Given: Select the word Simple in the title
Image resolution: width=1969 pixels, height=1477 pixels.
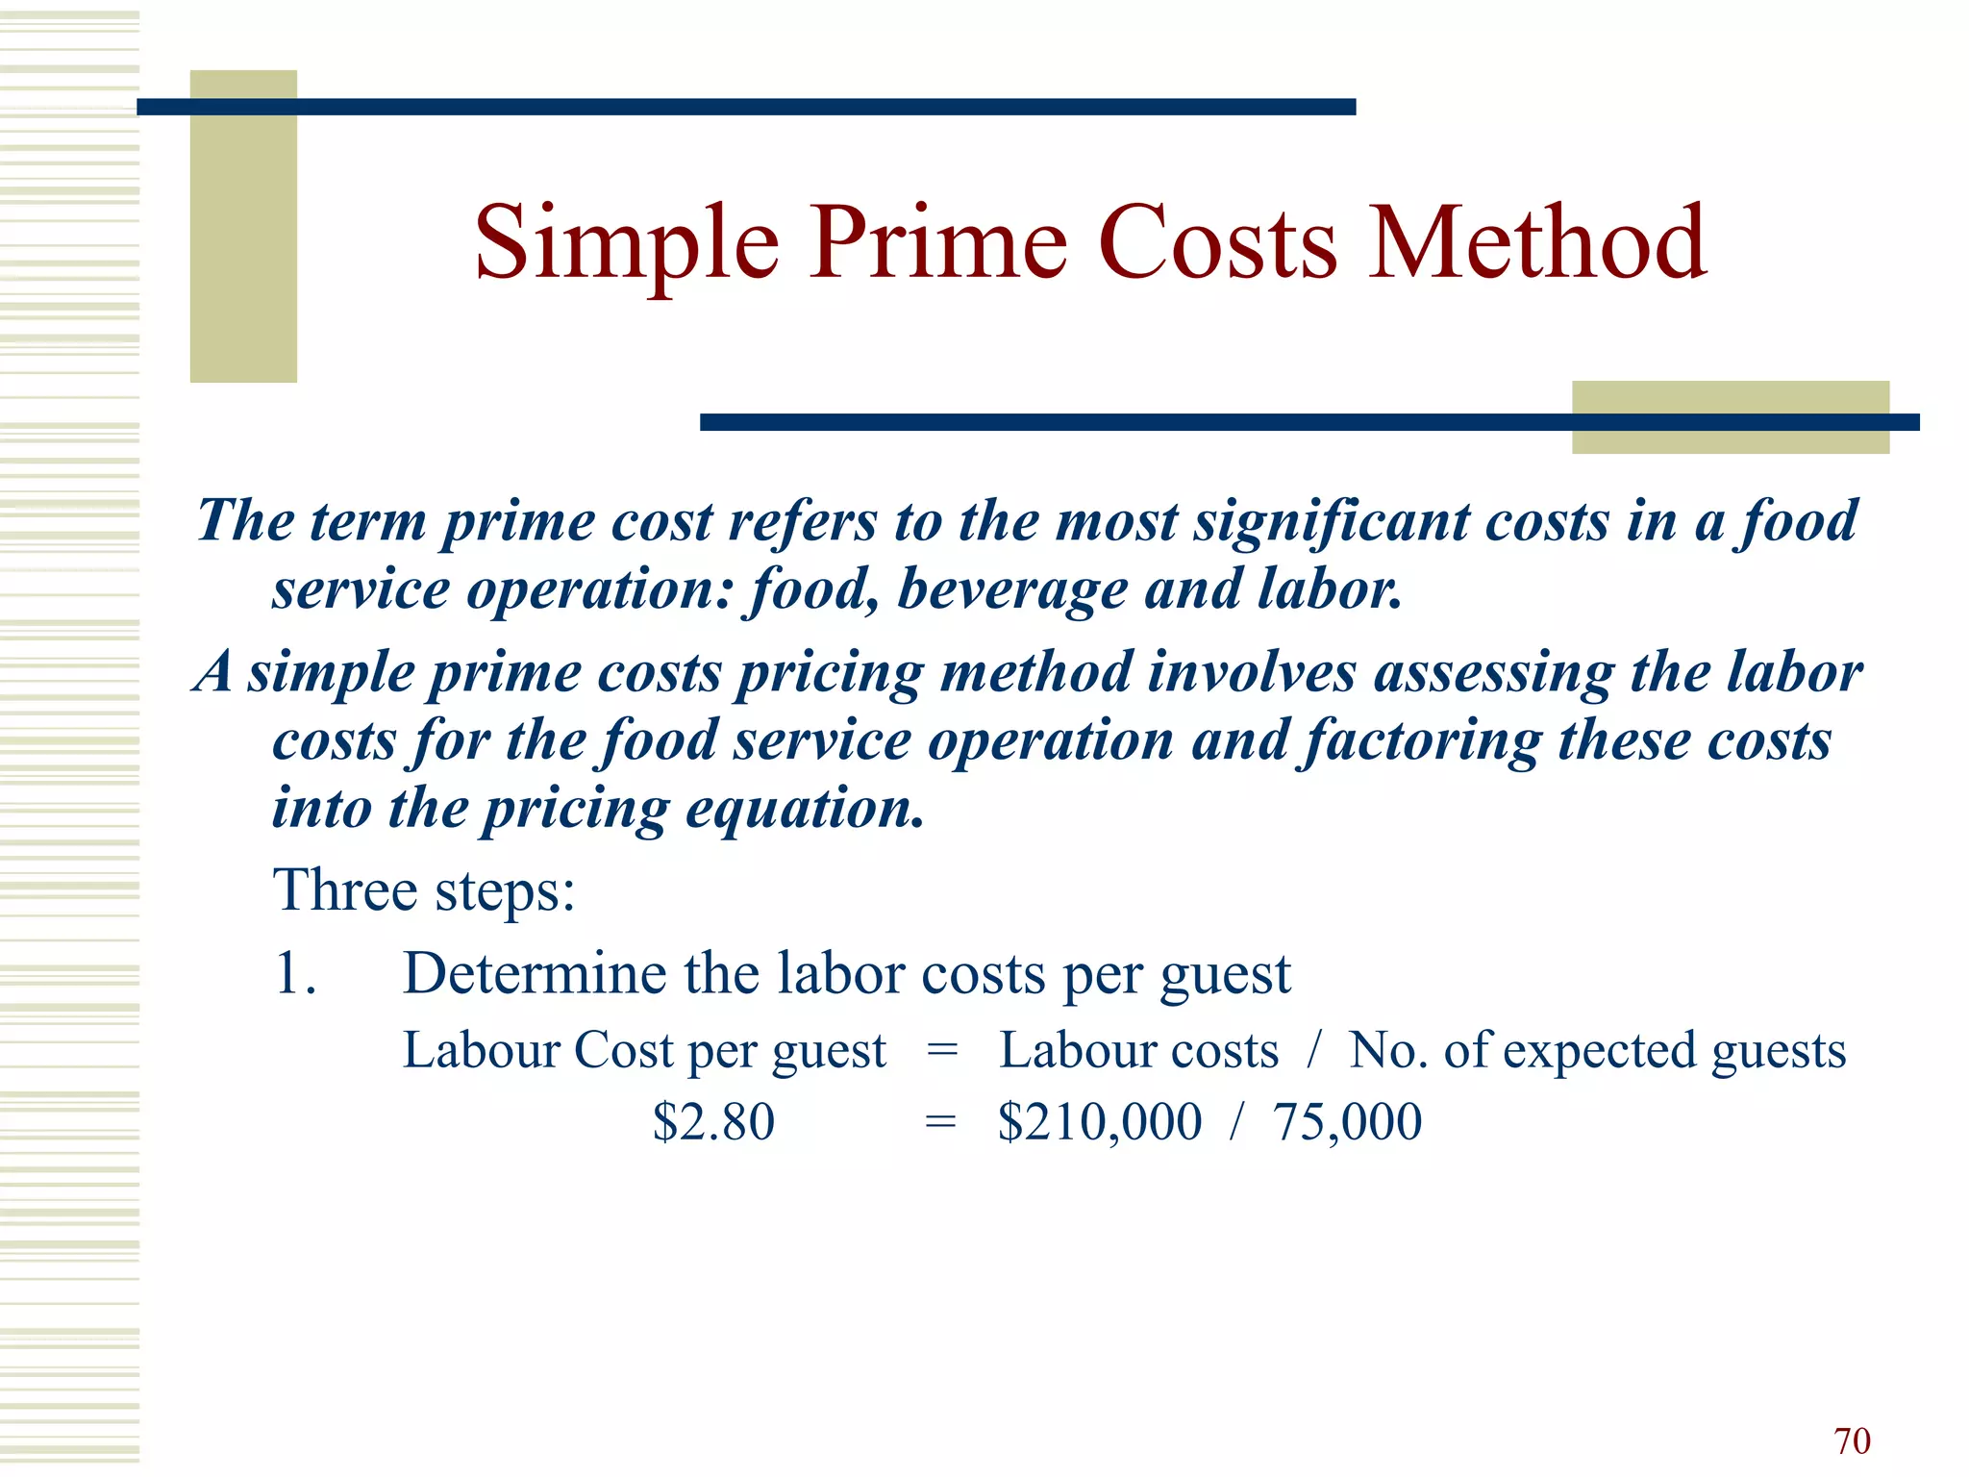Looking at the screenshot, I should (x=626, y=245).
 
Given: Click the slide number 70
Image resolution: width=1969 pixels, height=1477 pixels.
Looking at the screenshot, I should (x=1852, y=1440).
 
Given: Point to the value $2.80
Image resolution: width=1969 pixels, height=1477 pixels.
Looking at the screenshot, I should (x=713, y=1122).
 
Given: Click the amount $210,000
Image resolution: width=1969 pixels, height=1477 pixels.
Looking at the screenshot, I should (x=1100, y=1122).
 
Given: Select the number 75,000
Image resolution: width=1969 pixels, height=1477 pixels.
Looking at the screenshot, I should (x=1347, y=1122).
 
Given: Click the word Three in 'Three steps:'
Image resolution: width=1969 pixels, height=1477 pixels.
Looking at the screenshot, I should (x=346, y=889).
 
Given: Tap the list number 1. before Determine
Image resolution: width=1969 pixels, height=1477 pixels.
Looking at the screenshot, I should (x=294, y=973).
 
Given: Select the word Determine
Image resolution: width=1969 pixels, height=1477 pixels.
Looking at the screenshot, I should (x=535, y=973).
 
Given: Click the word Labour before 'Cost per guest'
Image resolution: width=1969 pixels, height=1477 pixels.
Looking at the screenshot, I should (x=481, y=1049).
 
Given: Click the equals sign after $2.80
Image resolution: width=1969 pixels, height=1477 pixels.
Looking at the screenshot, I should (x=940, y=1122).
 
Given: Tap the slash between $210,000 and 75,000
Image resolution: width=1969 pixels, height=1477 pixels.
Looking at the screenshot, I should (x=1237, y=1122).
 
